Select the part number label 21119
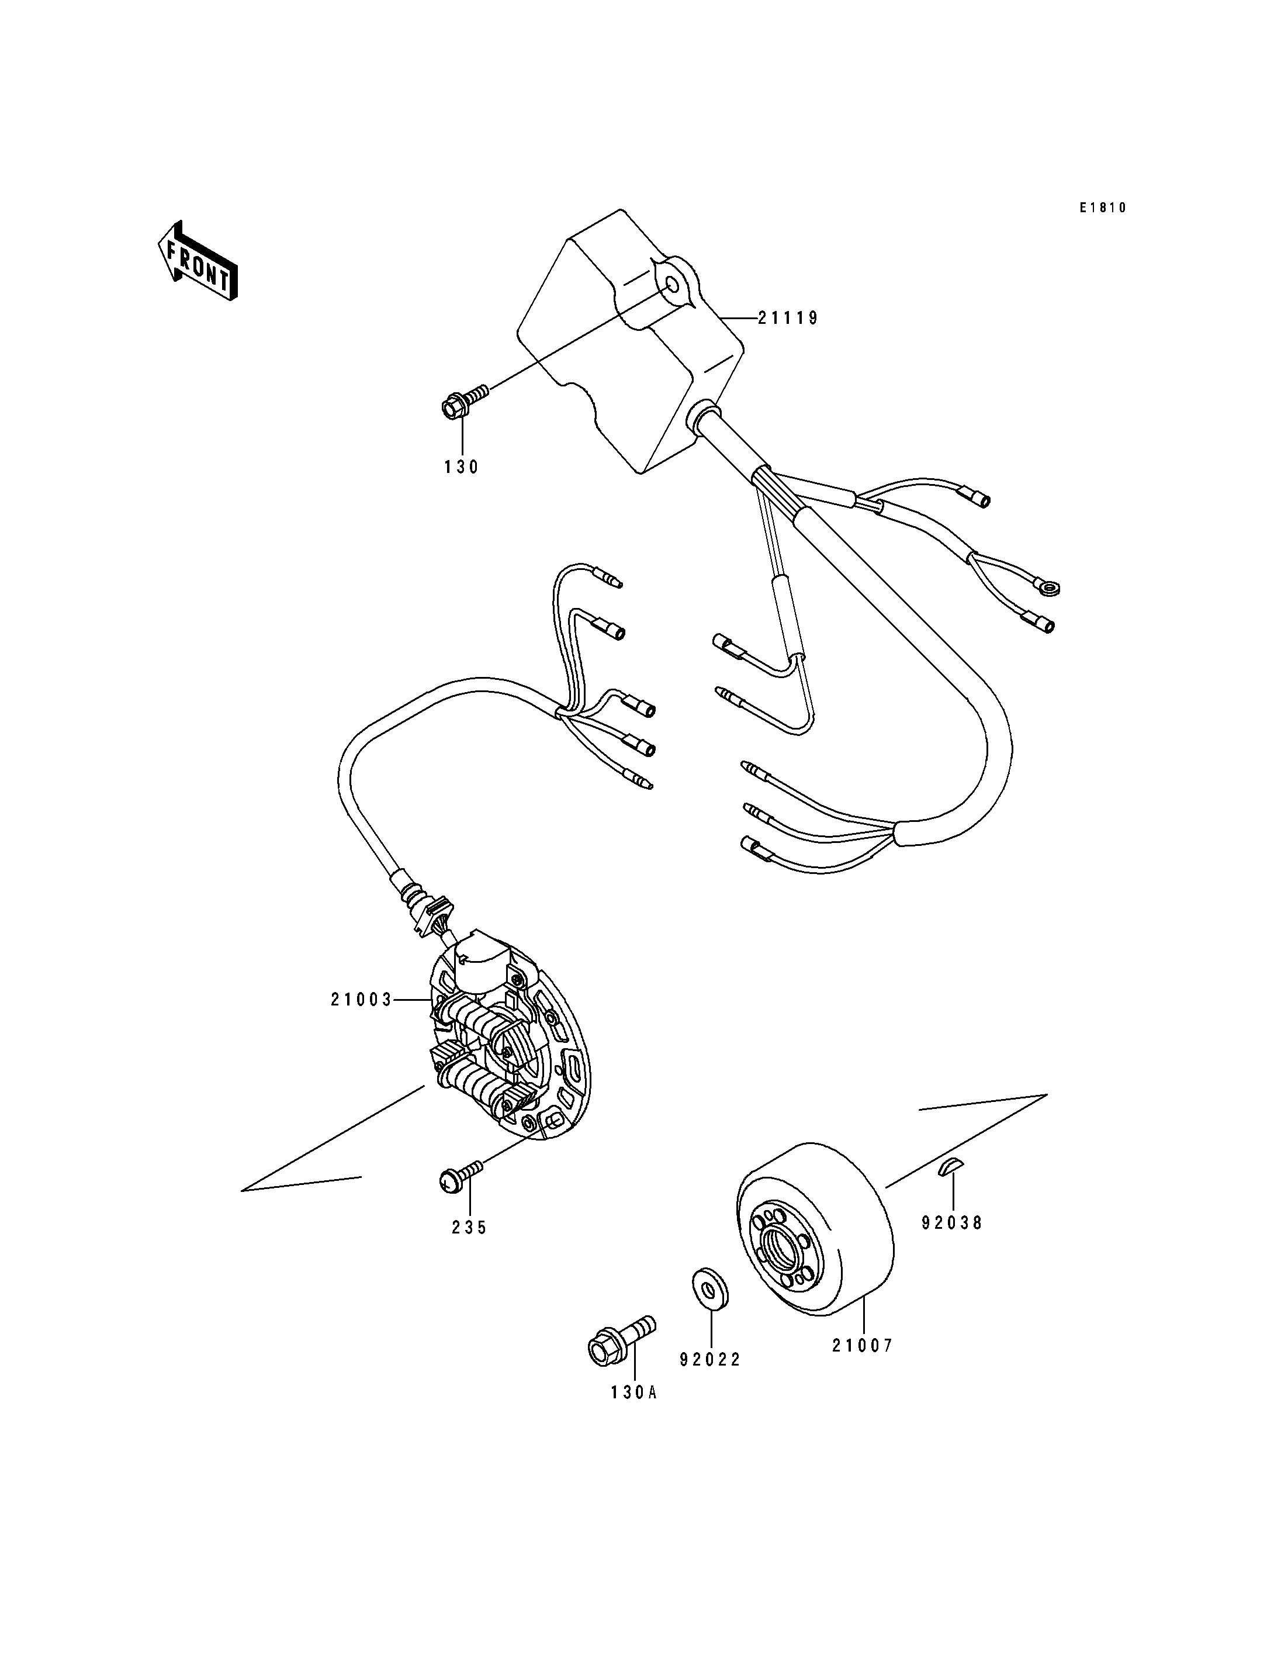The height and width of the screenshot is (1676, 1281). (788, 318)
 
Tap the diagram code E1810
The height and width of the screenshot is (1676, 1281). (1102, 208)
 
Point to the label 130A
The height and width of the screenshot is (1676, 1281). (633, 1392)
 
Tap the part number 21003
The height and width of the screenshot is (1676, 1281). (361, 999)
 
